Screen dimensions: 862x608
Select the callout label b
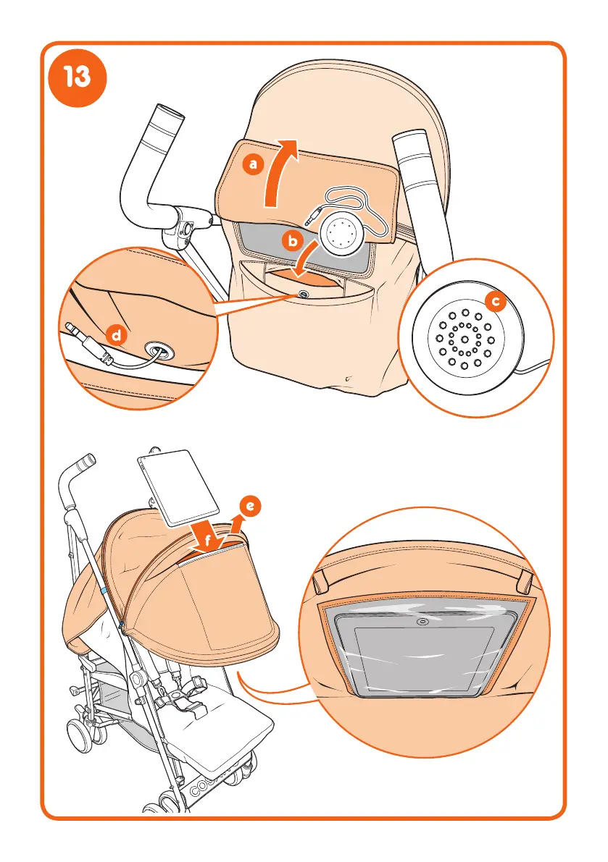pyautogui.click(x=292, y=242)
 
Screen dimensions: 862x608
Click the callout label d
pyautogui.click(x=115, y=334)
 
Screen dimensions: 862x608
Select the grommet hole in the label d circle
pyautogui.click(x=158, y=351)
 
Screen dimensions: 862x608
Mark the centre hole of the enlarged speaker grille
pyautogui.click(x=465, y=339)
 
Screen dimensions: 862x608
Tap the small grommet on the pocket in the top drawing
pyautogui.click(x=302, y=295)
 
